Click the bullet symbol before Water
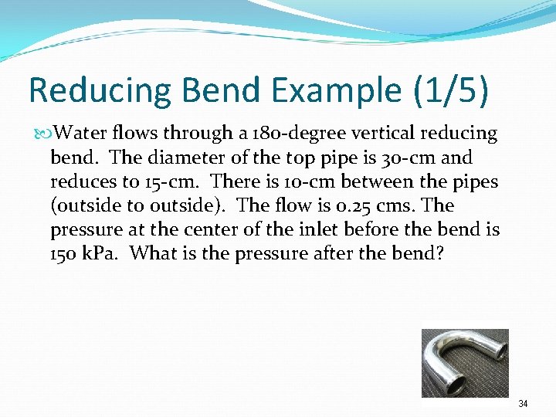click(x=42, y=134)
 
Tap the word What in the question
click(x=151, y=254)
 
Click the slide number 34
click(x=523, y=403)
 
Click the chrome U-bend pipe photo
click(x=464, y=363)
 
